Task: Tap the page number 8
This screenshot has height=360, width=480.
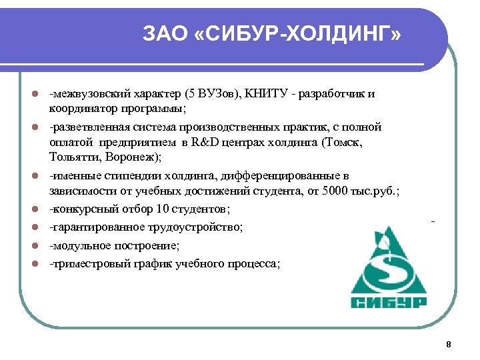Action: pyautogui.click(x=448, y=344)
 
